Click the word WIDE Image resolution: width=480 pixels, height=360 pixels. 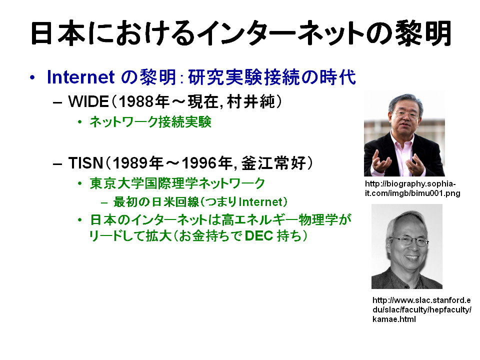tap(88, 101)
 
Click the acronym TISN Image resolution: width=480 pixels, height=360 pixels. tap(85, 163)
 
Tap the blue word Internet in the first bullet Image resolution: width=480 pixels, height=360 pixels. tap(81, 77)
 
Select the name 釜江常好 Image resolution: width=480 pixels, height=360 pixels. tap(273, 163)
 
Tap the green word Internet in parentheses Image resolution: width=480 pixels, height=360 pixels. tap(260, 202)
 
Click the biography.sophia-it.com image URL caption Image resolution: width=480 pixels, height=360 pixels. tap(412, 188)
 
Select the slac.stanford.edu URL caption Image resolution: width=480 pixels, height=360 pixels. tap(421, 309)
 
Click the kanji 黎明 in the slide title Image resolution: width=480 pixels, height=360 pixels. tap(423, 33)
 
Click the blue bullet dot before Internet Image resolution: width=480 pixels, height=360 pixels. tap(32, 77)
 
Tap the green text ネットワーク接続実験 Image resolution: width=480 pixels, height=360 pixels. tap(150, 122)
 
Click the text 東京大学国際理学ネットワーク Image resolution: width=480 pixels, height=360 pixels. tap(177, 183)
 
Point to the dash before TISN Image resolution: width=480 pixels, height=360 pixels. tap(57, 164)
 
